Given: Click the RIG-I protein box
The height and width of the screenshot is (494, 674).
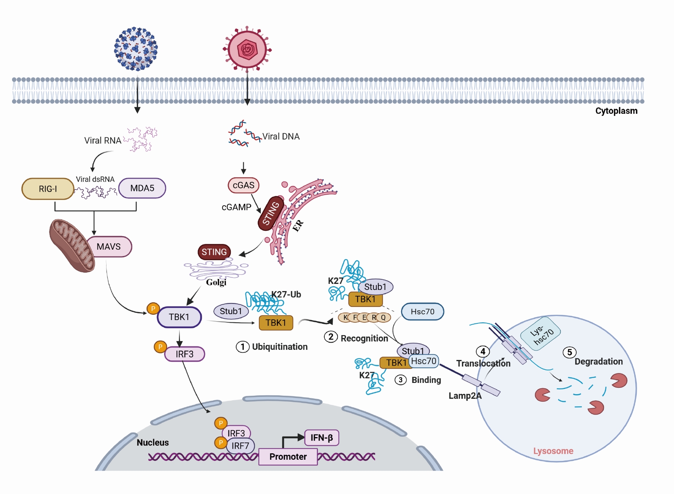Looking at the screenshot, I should (48, 189).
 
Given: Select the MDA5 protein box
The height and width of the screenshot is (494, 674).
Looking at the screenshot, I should (142, 188).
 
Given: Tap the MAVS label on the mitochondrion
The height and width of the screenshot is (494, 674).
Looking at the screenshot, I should (109, 247).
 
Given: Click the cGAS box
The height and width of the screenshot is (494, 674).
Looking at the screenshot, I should (243, 185).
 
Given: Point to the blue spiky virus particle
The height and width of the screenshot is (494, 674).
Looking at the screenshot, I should (136, 49).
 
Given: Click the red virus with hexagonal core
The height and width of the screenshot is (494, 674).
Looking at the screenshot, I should (247, 49).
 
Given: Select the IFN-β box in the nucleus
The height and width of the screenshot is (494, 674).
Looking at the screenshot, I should (322, 438).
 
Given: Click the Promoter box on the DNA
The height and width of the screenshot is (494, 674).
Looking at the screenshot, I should (288, 457).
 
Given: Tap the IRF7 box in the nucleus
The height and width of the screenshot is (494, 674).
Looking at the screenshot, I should (240, 446).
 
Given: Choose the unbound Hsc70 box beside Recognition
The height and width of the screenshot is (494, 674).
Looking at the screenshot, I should (422, 311).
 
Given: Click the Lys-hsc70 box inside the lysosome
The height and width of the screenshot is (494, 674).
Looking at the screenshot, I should (541, 334).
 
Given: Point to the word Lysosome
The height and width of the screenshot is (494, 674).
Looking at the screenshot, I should (553, 451).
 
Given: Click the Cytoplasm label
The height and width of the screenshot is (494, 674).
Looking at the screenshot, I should (616, 111).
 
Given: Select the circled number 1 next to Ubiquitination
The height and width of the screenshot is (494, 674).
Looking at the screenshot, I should (242, 347).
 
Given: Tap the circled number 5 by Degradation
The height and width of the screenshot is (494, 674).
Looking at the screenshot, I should (569, 352).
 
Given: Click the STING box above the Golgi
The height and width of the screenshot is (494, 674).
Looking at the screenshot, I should (214, 252).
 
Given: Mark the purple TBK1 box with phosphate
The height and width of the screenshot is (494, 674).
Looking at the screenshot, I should (179, 317).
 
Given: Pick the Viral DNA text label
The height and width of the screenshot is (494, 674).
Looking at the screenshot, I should (281, 136).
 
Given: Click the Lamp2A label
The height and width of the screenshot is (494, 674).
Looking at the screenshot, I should (465, 396).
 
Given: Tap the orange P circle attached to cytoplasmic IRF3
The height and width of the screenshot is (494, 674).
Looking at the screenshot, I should (160, 346).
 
